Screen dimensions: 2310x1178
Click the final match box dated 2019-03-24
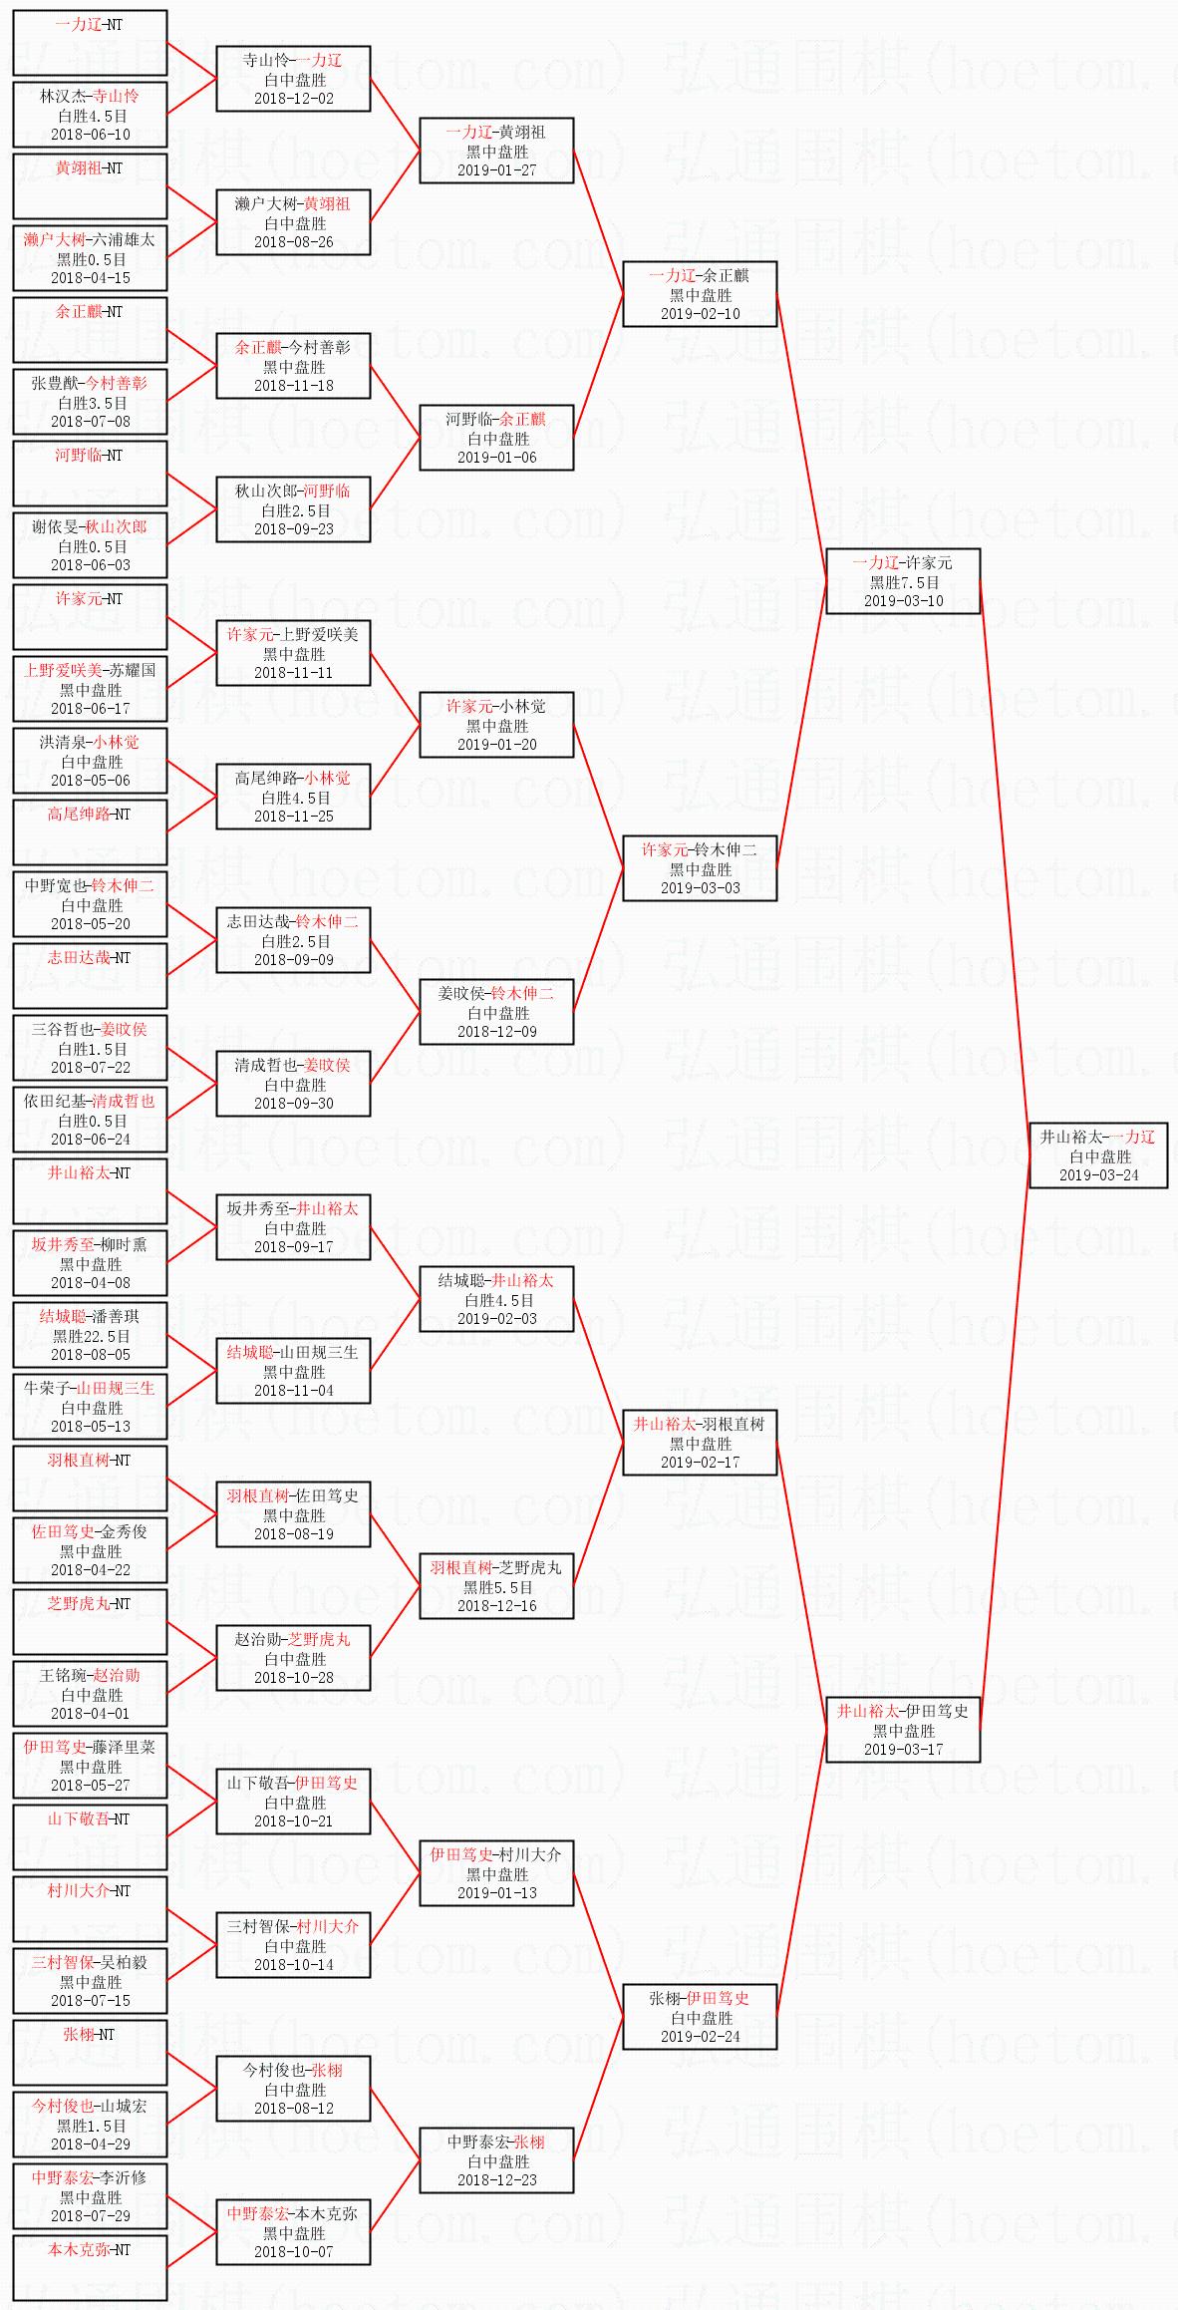click(1098, 1155)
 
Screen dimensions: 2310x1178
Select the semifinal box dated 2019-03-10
click(903, 581)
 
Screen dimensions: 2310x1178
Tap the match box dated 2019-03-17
click(903, 1730)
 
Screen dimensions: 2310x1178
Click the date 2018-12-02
click(294, 99)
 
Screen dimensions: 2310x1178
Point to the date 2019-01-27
click(497, 170)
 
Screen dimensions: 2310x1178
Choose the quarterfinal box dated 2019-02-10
click(700, 294)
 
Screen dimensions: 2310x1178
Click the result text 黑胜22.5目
click(91, 1336)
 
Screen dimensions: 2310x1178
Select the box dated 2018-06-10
click(90, 115)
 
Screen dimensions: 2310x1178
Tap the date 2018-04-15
click(91, 278)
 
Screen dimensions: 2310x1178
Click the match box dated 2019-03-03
click(700, 868)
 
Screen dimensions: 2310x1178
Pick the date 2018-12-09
click(497, 1032)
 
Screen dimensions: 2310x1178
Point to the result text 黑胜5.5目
click(497, 1587)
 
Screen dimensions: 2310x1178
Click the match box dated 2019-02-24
click(700, 2017)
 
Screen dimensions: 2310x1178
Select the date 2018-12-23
click(497, 2180)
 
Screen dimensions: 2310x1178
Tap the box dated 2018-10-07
click(294, 2232)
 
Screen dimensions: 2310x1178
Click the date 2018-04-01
click(91, 1714)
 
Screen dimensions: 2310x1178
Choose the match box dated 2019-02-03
click(497, 1299)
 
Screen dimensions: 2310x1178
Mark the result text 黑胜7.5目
click(904, 582)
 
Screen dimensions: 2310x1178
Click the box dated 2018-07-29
click(90, 2196)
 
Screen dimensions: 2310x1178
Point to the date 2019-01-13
click(497, 1893)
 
